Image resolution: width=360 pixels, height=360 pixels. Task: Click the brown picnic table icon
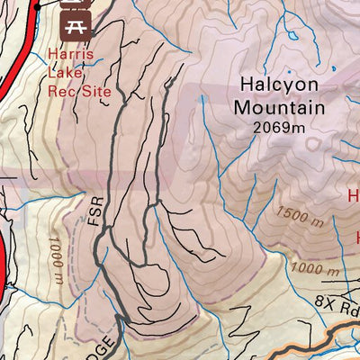[74, 22]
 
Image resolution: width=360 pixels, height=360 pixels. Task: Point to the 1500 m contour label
[300, 217]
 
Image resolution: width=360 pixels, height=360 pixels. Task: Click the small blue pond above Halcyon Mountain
[292, 37]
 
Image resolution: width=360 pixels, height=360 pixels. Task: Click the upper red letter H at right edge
[354, 195]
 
